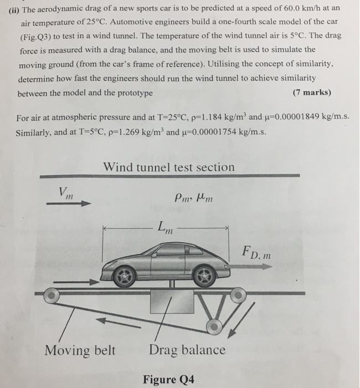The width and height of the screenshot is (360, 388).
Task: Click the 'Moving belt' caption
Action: coord(80,350)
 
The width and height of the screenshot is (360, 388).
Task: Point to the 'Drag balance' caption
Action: coord(187,350)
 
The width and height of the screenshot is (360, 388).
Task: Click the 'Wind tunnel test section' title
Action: coord(169,167)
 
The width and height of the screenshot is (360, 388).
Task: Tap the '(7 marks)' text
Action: coord(312,92)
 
